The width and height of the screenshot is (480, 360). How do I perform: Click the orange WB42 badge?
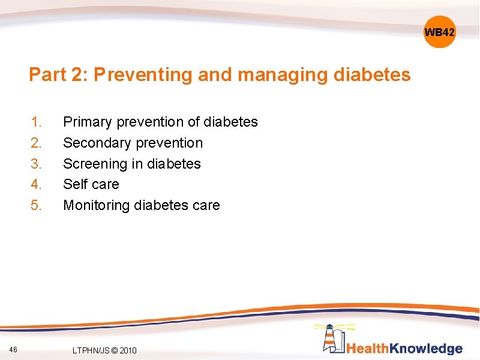tap(440, 32)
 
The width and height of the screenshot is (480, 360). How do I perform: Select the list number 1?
tap(37, 122)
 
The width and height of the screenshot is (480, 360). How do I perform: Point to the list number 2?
tap(37, 143)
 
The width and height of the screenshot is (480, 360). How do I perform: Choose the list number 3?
tap(37, 164)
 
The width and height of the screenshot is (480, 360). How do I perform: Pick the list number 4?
tap(37, 184)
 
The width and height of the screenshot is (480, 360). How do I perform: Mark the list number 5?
tap(37, 205)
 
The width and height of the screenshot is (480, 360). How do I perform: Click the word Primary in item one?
tap(88, 122)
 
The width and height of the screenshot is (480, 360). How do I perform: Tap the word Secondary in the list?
tap(97, 143)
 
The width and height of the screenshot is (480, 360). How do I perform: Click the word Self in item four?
tap(75, 184)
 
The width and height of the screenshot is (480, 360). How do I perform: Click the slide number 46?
tap(14, 349)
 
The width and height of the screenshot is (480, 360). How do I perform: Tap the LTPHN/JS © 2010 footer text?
tap(104, 350)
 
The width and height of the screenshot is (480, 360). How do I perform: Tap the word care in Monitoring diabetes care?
tap(206, 205)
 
